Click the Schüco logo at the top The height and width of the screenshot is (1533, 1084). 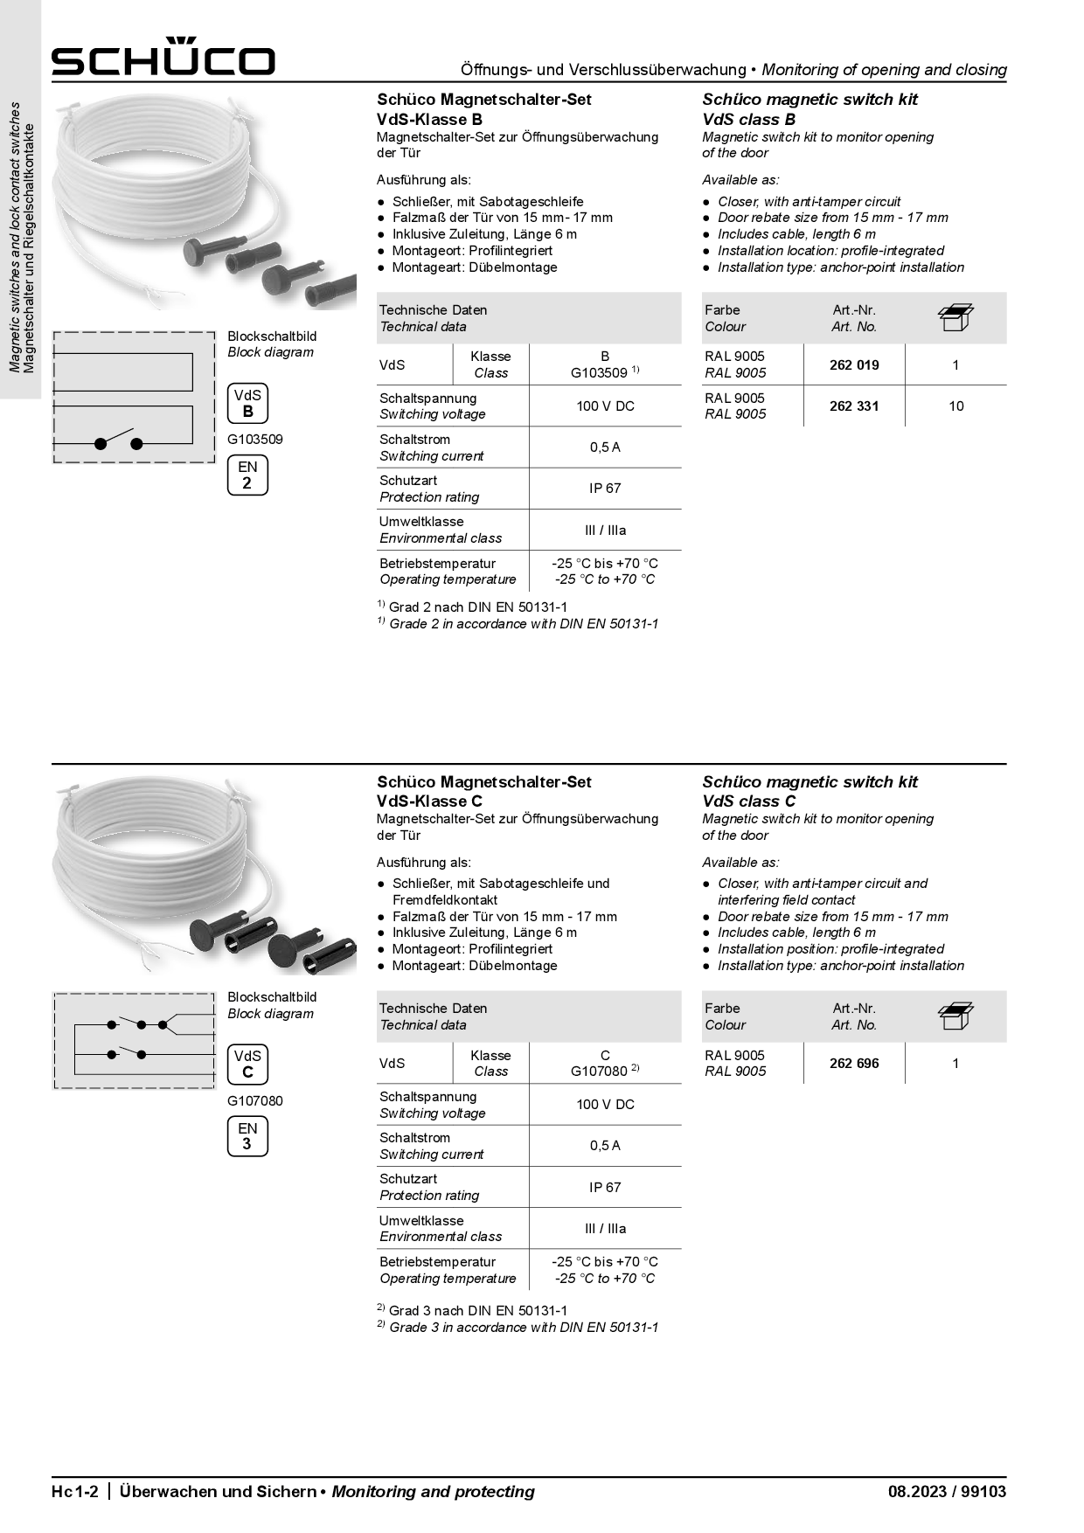(x=163, y=58)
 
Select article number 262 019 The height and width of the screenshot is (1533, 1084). (x=854, y=364)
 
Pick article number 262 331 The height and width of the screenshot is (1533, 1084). (x=854, y=406)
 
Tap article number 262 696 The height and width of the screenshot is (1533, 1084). (x=854, y=1063)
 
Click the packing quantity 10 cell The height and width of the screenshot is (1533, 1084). (x=955, y=406)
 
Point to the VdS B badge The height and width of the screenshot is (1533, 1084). (x=247, y=404)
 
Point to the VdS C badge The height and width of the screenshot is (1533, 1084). (x=247, y=1065)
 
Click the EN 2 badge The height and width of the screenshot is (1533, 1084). (x=247, y=475)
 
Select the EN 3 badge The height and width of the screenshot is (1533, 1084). (x=247, y=1136)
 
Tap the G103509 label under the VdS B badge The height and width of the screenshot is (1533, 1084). (x=255, y=440)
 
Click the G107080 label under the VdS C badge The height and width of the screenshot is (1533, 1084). (x=255, y=1100)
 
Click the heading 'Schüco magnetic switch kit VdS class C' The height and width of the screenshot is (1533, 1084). (x=810, y=791)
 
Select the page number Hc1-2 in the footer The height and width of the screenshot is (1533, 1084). (x=79, y=1492)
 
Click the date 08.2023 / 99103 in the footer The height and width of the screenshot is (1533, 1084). (x=947, y=1492)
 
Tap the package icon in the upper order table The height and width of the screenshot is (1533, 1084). (x=955, y=318)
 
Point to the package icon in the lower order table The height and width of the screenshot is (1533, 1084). (x=955, y=1016)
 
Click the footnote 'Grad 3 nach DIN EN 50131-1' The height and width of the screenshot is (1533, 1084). (x=477, y=1310)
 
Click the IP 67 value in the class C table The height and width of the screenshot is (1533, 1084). (x=605, y=1187)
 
